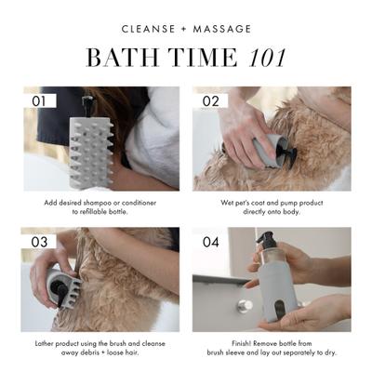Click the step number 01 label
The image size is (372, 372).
point(39,100)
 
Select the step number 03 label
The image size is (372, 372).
point(39,241)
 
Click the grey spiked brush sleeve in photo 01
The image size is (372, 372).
point(93,149)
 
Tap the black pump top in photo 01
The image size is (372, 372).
point(89,103)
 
